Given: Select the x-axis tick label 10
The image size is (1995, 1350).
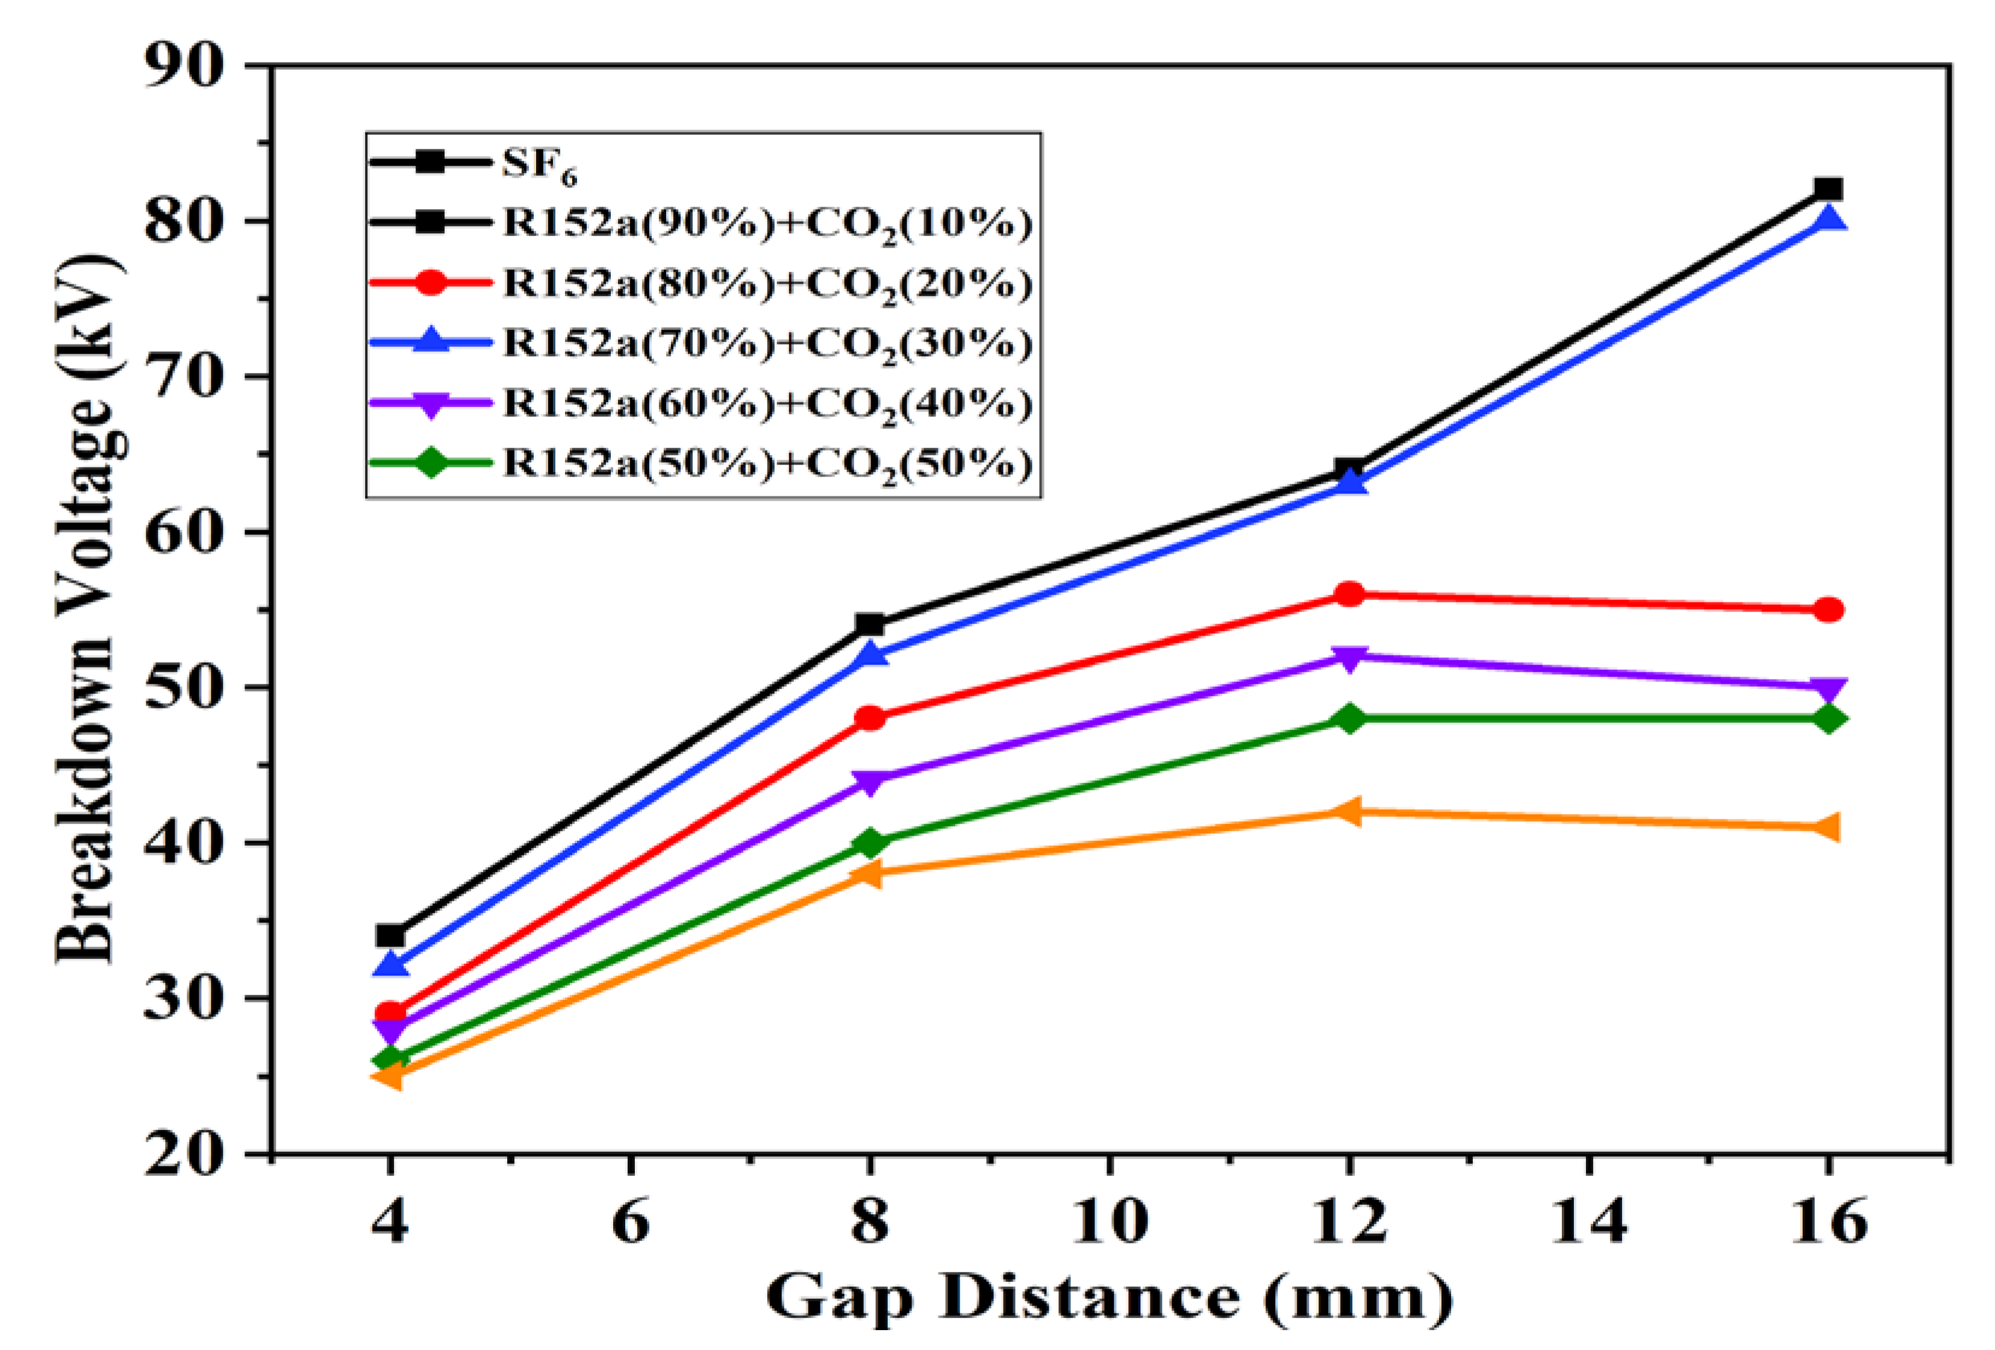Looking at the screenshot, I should [x=1109, y=1220].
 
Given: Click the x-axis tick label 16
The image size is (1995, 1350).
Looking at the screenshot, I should [x=1829, y=1220].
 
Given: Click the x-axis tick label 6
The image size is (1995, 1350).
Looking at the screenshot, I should [x=630, y=1220].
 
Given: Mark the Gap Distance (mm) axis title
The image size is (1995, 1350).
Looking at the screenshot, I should [x=1109, y=1298].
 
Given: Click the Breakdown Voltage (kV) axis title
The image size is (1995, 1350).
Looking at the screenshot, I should [x=86, y=610].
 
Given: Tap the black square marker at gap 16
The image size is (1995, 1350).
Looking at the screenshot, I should [x=1829, y=190].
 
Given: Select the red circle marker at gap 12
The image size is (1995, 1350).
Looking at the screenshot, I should [x=1349, y=594].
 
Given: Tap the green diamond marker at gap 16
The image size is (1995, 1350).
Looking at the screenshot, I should [x=1829, y=719].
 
